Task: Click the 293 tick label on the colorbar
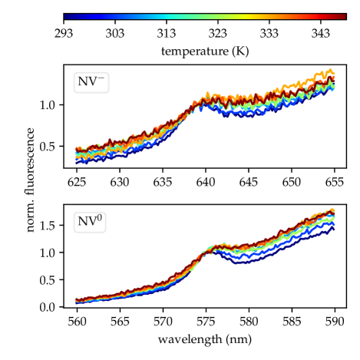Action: point(64,34)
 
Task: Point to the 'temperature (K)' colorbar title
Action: point(205,51)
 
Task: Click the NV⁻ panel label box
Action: point(91,82)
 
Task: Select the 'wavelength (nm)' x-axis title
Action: point(205,339)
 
